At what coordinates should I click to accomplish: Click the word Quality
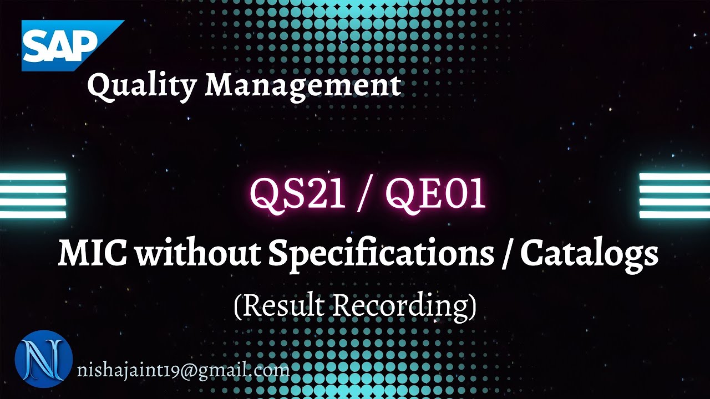click(141, 86)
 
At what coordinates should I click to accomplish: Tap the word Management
click(303, 86)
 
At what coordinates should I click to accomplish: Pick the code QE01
click(436, 193)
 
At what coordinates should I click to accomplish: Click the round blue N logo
click(43, 359)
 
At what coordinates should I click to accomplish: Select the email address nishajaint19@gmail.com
click(183, 370)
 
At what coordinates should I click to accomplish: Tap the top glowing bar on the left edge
click(33, 177)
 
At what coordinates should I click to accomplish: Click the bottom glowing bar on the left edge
click(33, 214)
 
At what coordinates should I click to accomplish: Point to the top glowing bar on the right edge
click(674, 177)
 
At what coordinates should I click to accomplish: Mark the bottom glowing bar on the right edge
click(674, 214)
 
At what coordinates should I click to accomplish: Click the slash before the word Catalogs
click(505, 255)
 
